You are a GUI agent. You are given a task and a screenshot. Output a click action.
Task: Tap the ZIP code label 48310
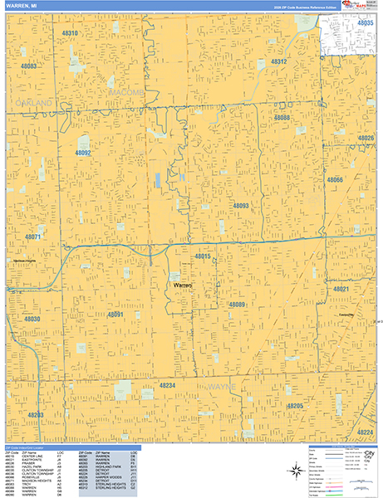tap(70, 34)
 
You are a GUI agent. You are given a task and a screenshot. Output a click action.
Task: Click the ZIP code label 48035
tap(366, 24)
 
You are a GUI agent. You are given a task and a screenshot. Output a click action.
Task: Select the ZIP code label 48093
tap(241, 205)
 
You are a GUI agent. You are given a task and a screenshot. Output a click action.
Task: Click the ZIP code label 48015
tap(202, 257)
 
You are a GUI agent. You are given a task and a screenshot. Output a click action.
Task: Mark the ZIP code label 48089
tap(237, 305)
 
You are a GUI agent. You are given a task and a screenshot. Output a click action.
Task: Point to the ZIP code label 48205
tap(294, 406)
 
